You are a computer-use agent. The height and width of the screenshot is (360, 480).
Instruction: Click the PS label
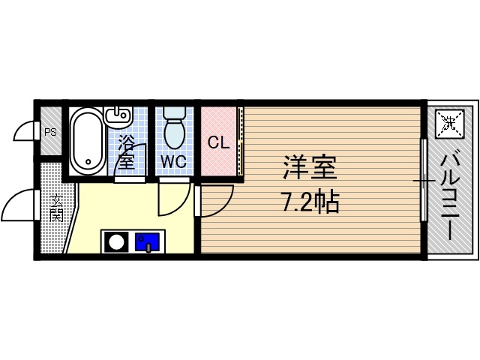pyautogui.click(x=50, y=132)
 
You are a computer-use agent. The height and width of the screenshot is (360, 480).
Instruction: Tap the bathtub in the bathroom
pyautogui.click(x=87, y=141)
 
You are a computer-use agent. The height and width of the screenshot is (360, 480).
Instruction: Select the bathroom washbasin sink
pyautogui.click(x=118, y=116)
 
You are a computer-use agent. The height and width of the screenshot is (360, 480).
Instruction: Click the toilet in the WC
pyautogui.click(x=174, y=129)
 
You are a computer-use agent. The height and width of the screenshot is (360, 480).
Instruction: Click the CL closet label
pyautogui.click(x=218, y=142)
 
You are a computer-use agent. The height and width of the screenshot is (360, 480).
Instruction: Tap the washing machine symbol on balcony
pyautogui.click(x=450, y=124)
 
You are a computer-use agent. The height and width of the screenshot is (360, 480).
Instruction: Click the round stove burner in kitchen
pyautogui.click(x=115, y=241)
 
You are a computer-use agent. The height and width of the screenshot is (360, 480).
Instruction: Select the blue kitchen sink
pyautogui.click(x=147, y=241)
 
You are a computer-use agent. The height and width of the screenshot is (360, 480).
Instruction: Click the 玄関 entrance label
pyautogui.click(x=57, y=211)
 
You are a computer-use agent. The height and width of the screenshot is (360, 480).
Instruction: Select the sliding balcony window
pyautogui.click(x=424, y=180)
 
